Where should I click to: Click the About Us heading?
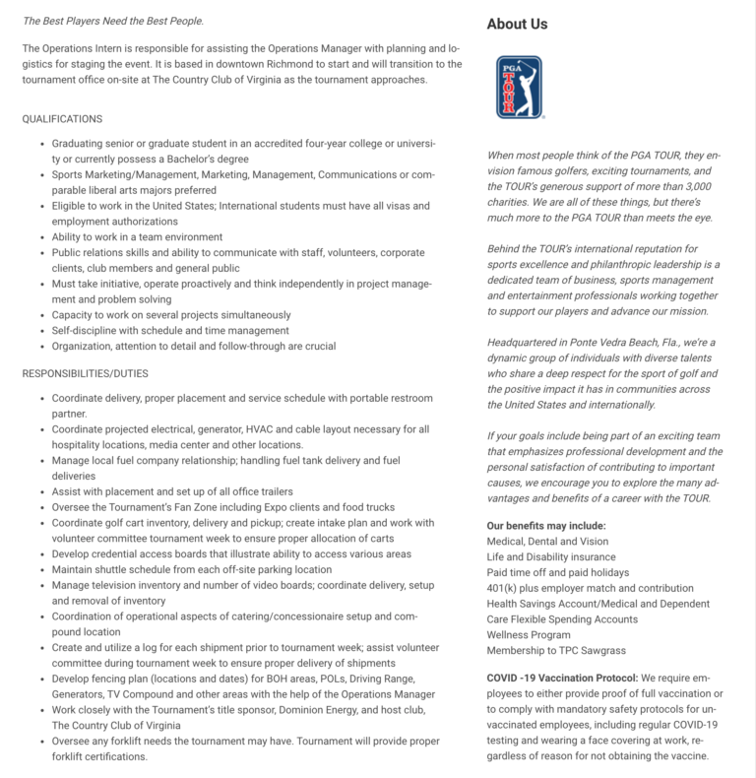click(x=518, y=24)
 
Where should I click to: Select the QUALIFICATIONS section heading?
click(x=62, y=118)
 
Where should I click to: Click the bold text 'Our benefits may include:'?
click(x=546, y=526)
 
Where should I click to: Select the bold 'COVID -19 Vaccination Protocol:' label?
click(x=563, y=679)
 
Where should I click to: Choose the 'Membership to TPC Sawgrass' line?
click(x=556, y=651)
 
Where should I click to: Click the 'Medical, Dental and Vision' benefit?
click(x=547, y=542)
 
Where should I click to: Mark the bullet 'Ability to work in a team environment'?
click(x=138, y=236)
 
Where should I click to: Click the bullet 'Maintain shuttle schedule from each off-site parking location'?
click(x=191, y=569)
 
